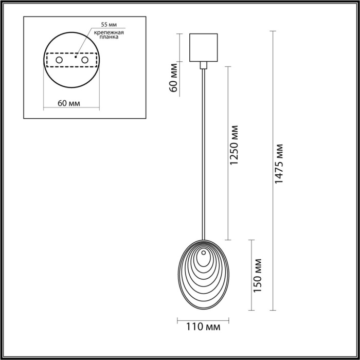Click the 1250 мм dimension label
(235, 145)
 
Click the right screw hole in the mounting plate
(84, 61)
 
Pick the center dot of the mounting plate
(75, 58)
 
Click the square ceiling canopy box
(204, 47)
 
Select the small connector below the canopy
(204, 65)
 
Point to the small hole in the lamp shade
(204, 253)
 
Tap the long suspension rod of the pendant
(204, 154)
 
